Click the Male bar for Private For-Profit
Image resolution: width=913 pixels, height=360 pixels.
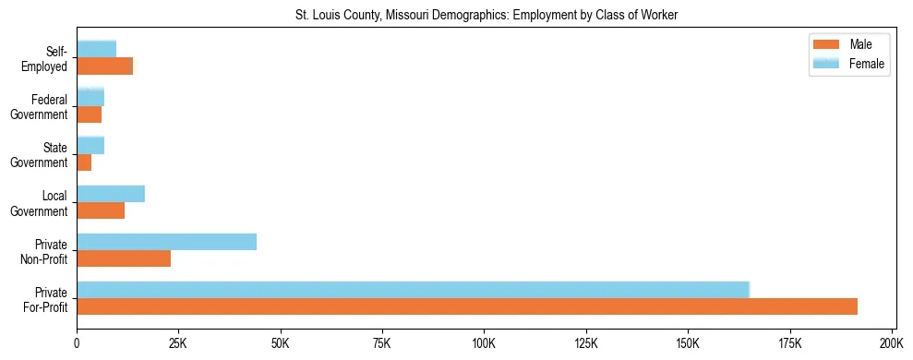[467, 306]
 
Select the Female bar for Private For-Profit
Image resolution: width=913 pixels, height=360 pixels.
[413, 290]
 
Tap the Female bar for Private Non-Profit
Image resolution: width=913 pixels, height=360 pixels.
[166, 242]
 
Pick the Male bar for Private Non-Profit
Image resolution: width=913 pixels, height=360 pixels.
[124, 258]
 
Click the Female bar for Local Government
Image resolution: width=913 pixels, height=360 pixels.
[111, 194]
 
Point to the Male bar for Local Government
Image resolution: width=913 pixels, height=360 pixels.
[101, 210]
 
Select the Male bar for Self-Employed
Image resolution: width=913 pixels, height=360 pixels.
[104, 66]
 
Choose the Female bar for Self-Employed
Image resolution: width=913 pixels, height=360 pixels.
[96, 49]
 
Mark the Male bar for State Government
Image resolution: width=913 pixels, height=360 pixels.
[84, 162]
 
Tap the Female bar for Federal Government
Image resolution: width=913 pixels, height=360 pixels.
[90, 97]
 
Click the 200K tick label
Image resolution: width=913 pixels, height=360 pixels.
[892, 342]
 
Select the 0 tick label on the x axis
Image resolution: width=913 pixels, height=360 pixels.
[77, 342]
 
